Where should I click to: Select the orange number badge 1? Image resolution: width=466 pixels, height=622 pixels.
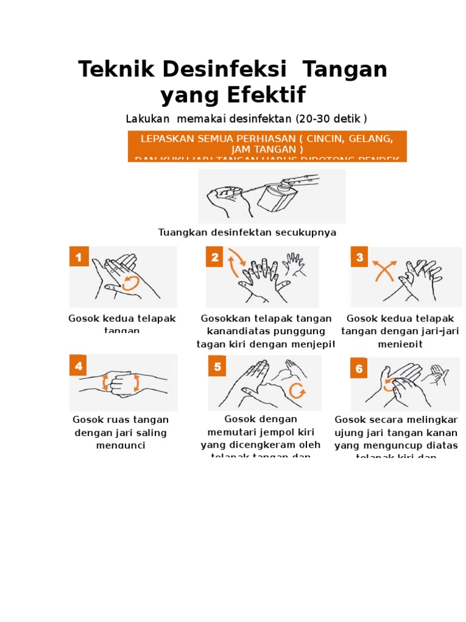coord(79,258)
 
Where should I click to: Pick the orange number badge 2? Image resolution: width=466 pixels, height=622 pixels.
coord(215,258)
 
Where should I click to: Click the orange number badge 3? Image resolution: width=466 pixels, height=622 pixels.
coord(359,258)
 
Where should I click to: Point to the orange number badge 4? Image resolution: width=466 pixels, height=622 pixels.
coord(79,366)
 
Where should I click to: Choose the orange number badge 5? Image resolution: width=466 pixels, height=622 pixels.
coord(218,366)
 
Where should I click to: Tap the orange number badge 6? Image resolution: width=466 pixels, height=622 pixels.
coord(359,368)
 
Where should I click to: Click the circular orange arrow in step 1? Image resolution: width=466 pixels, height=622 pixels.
coord(130,282)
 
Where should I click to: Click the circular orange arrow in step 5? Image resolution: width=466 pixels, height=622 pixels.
coord(297,390)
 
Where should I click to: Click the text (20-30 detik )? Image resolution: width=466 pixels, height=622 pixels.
coord(331,118)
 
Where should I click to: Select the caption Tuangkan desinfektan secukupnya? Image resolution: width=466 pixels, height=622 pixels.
coord(247,232)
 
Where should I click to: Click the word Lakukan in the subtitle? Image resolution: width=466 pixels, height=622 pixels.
coord(148,118)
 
